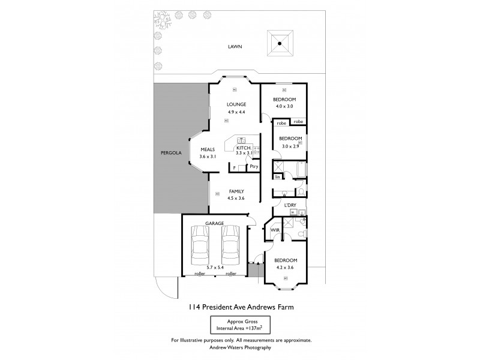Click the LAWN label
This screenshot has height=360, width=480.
coord(234,46)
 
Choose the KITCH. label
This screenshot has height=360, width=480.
coord(244,148)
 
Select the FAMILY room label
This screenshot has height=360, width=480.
coord(236,191)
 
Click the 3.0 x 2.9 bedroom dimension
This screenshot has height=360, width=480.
coord(290,146)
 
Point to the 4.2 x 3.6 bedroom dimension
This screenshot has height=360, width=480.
coord(284,268)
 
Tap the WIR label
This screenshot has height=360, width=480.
coord(276,230)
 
